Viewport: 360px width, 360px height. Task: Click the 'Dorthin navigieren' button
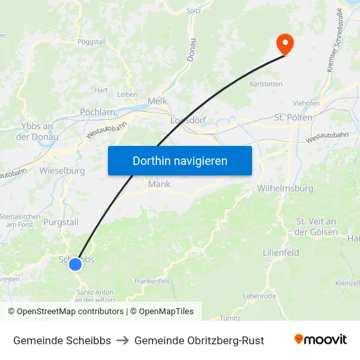tap(180, 160)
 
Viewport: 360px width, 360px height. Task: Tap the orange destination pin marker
tap(285, 44)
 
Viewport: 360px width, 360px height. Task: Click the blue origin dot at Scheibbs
tap(75, 264)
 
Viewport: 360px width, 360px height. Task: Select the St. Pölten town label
tap(293, 117)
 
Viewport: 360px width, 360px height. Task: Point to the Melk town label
tap(158, 101)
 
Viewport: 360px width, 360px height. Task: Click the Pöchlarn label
tap(98, 112)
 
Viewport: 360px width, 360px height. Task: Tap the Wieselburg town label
tap(62, 171)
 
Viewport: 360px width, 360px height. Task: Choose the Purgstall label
tap(61, 222)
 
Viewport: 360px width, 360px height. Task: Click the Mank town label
tap(159, 184)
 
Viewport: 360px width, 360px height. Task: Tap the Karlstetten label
tap(266, 84)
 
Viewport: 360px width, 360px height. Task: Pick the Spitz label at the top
tap(194, 10)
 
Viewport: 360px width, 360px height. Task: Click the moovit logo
tap(321, 340)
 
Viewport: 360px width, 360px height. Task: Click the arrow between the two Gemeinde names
tap(123, 340)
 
